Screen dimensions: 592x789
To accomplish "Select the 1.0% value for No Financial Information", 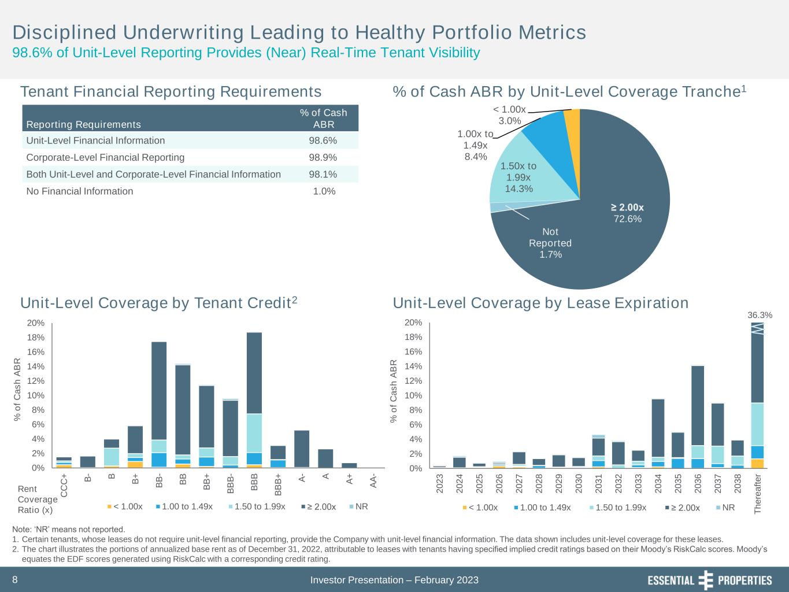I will (x=324, y=191).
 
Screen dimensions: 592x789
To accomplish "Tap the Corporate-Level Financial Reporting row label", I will (x=106, y=157).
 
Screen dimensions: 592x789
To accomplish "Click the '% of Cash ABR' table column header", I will (x=323, y=119).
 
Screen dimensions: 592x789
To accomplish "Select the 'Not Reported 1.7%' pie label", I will (x=550, y=243).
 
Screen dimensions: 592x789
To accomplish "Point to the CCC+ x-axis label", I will (x=64, y=487).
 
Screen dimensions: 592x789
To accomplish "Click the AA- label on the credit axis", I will (x=373, y=480).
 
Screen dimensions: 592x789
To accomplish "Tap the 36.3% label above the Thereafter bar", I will (x=760, y=315).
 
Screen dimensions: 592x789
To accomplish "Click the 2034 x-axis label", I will (x=658, y=483).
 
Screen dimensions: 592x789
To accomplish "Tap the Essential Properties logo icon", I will (x=706, y=580).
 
